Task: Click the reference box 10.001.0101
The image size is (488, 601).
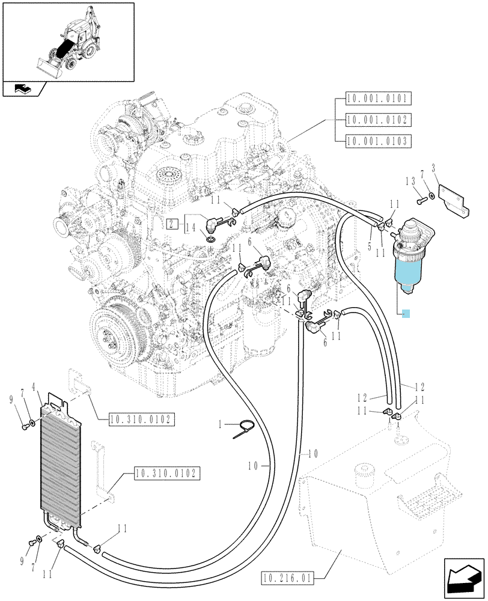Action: coord(378,99)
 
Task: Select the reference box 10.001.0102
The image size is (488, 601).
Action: coord(378,120)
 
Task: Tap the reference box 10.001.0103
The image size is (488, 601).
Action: coord(378,141)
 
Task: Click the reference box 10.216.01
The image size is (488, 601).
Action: coord(287,577)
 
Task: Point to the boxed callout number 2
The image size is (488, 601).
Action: coord(172,224)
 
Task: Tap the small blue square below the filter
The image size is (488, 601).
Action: coord(406,314)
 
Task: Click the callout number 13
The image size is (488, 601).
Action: coord(411,181)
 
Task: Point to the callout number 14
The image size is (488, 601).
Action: coord(191,228)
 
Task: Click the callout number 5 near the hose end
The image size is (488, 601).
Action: coord(370,246)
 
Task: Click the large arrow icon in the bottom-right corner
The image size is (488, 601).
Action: coord(464,578)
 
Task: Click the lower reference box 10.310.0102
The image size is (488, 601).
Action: coord(167,474)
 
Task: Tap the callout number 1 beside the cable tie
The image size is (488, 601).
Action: coord(220,424)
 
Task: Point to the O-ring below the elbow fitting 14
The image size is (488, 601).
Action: coord(210,240)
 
